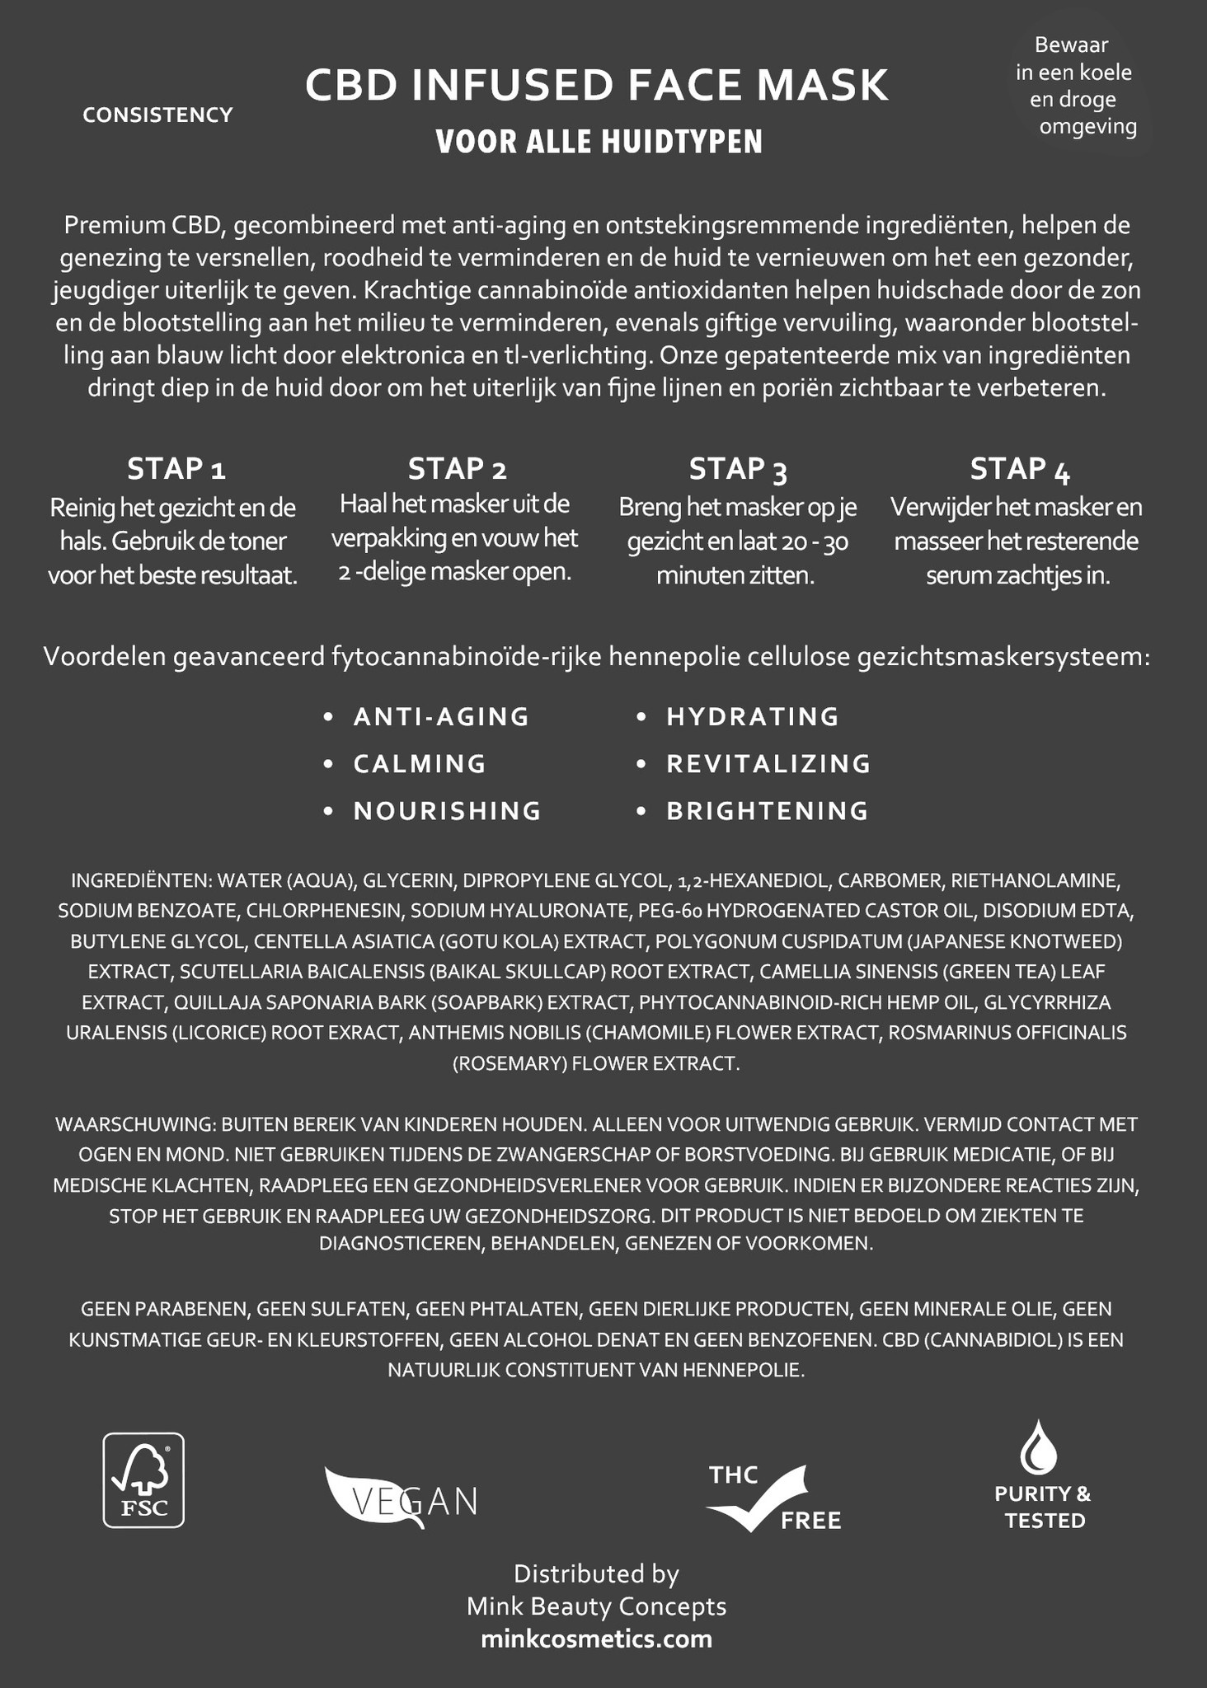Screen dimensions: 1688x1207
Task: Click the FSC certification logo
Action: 143,1479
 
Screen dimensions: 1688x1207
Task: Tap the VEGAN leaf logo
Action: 401,1498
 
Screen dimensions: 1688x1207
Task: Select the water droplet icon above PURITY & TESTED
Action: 1040,1448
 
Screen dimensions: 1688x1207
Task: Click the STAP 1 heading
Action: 176,469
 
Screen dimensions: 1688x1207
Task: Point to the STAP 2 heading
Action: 457,469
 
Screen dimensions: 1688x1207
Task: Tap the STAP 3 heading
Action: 738,469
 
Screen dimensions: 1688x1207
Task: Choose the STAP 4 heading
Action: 1020,469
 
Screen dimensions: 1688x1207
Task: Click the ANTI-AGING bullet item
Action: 441,717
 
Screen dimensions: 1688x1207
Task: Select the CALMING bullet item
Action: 420,764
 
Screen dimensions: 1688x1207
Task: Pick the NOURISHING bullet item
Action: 447,811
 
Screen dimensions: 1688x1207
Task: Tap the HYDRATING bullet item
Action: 752,717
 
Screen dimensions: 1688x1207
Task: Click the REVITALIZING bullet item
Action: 768,764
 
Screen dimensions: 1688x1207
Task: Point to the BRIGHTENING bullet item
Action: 767,811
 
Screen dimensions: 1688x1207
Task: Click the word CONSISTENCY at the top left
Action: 158,115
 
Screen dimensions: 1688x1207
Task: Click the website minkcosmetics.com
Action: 596,1638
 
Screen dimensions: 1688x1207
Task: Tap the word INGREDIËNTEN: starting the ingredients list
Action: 143,881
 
